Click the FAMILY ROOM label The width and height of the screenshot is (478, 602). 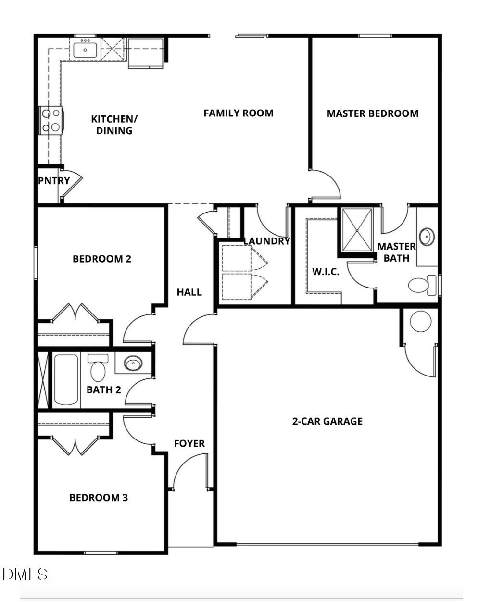(x=239, y=113)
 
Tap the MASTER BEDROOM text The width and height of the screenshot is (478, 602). (x=373, y=113)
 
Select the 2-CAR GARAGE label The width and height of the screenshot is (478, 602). (x=327, y=421)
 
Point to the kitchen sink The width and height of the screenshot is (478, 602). (x=85, y=50)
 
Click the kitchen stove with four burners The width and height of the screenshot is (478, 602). (x=51, y=120)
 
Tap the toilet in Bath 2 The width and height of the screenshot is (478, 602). (x=98, y=367)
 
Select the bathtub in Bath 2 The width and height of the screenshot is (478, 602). (x=66, y=380)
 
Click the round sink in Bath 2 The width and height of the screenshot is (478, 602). (x=133, y=364)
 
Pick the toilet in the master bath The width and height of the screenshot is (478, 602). (x=422, y=285)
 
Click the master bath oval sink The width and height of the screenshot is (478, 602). (x=427, y=237)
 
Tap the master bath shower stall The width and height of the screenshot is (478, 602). (x=357, y=230)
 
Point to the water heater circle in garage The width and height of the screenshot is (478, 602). (x=421, y=321)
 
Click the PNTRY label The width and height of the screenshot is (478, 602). (x=54, y=181)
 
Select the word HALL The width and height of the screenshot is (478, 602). (x=189, y=292)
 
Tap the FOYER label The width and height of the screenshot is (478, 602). (x=189, y=443)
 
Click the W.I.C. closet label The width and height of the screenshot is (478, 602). (x=326, y=272)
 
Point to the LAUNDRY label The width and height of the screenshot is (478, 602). (x=267, y=241)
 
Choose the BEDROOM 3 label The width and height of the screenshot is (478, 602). (x=99, y=498)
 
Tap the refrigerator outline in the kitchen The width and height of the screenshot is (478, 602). (x=146, y=53)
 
